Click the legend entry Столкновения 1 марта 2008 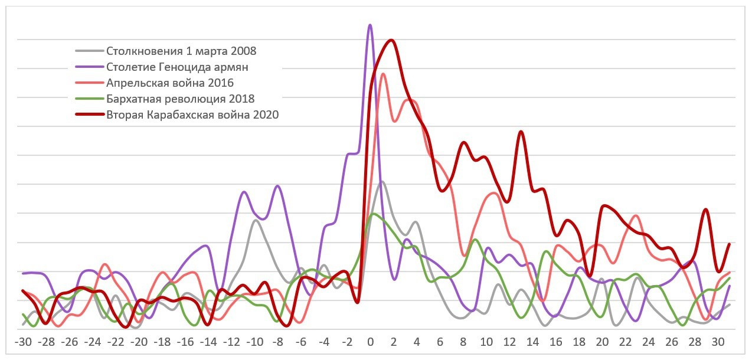coord(181,51)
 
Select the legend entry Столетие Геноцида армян coord(177,67)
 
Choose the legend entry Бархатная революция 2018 coord(180,99)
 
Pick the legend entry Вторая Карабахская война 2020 coord(192,114)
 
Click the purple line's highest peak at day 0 coord(370,25)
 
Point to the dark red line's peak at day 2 coord(391,40)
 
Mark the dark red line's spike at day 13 coord(521,132)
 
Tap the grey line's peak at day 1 coord(382,181)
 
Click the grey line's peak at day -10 coord(255,220)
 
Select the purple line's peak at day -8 coord(277,186)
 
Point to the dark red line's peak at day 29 coord(705,210)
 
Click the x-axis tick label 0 coord(370,342)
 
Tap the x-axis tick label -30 coord(23,342)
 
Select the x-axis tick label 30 coord(717,342)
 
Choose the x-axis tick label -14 coord(208,342)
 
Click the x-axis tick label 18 coord(578,342)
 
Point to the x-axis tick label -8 coord(277,342)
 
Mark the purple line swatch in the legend coord(89,67)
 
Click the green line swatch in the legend coord(89,99)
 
